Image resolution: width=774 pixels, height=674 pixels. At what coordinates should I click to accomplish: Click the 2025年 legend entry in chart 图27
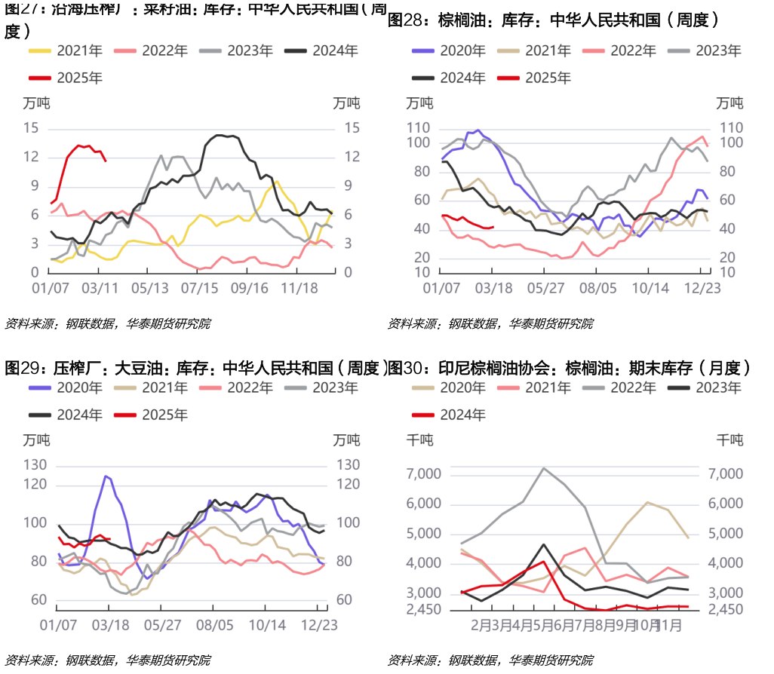tap(65, 78)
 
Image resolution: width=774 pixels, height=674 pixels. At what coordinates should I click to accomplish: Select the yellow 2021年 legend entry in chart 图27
tap(65, 51)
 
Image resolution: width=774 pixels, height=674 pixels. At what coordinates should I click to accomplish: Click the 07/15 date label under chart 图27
tap(200, 287)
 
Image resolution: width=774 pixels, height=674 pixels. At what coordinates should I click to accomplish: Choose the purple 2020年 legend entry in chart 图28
tap(448, 51)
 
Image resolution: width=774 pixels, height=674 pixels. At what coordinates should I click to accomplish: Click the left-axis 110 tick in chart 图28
tap(418, 128)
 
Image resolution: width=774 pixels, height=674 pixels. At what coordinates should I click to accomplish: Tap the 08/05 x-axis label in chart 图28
tap(598, 287)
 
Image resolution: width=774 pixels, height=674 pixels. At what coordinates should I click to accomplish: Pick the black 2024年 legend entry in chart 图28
tap(448, 78)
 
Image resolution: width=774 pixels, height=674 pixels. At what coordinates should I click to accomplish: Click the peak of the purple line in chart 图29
tap(106, 476)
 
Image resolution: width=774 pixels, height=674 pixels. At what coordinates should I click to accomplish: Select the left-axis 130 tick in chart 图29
tap(35, 465)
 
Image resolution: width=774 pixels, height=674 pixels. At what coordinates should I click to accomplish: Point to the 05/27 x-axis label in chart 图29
tap(163, 624)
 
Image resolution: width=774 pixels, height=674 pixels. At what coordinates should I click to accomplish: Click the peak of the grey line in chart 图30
tap(544, 467)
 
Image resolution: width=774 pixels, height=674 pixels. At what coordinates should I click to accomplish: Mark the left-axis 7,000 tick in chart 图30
tap(424, 473)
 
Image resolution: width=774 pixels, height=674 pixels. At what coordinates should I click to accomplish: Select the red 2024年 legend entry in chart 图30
tap(448, 415)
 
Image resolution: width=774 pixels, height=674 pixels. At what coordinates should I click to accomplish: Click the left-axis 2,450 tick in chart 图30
tap(424, 609)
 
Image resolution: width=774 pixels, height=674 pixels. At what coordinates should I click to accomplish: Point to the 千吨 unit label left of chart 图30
tap(420, 440)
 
